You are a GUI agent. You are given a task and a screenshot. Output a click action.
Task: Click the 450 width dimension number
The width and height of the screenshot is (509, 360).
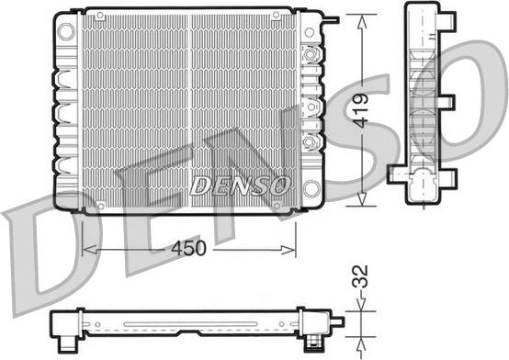(188, 248)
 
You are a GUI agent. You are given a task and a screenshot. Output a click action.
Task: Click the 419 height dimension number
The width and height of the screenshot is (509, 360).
(361, 111)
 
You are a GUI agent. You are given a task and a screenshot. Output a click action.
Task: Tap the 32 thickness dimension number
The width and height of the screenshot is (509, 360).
(360, 276)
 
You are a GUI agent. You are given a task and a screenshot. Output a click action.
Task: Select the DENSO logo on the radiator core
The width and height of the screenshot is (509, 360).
(240, 186)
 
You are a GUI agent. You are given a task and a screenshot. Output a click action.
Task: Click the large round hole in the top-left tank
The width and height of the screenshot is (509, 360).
(66, 31)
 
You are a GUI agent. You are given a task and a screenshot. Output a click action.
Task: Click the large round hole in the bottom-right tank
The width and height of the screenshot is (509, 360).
(311, 189)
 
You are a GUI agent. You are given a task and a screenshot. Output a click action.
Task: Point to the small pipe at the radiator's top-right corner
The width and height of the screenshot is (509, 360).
(332, 20)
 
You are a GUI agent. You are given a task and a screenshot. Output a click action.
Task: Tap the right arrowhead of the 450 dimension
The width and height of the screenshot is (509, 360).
(288, 250)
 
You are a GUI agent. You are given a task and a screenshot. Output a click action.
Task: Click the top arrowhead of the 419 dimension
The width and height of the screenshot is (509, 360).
(362, 22)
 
